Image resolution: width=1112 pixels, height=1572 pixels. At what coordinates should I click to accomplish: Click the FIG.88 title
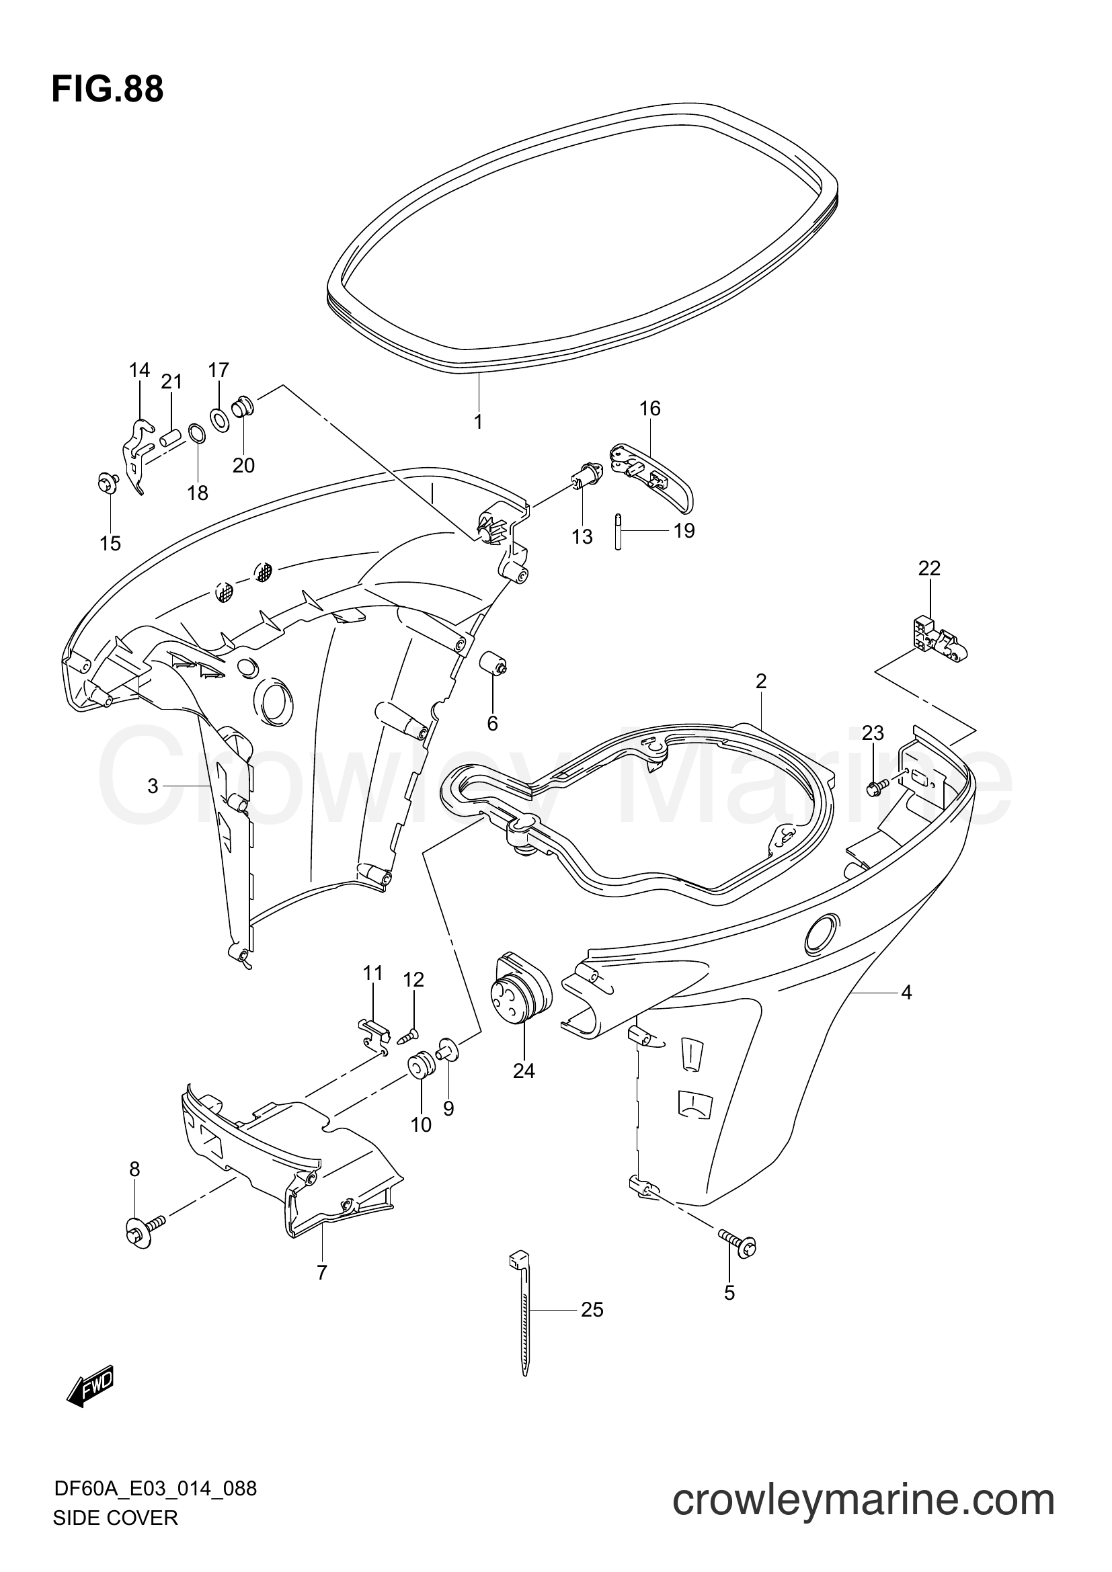tap(108, 89)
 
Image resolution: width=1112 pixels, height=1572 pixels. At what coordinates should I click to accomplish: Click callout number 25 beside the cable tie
tap(592, 1310)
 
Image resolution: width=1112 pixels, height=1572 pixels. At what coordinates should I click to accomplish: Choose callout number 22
tap(929, 569)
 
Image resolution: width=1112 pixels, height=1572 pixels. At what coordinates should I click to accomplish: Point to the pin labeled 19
tap(618, 532)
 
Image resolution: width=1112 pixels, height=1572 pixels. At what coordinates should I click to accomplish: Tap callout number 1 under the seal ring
tap(478, 422)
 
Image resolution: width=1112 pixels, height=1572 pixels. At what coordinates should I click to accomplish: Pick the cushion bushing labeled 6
tap(494, 663)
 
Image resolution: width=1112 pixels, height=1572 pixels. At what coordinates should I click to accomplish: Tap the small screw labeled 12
tap(409, 1036)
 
